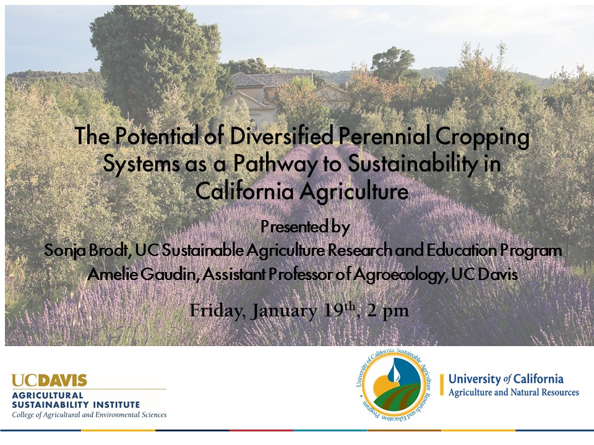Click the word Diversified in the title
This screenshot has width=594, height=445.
(282, 135)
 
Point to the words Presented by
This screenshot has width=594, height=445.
(304, 227)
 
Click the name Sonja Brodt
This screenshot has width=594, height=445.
(86, 250)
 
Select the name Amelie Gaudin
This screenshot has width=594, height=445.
(140, 274)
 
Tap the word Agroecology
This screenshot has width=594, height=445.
(398, 274)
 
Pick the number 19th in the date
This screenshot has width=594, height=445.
(340, 310)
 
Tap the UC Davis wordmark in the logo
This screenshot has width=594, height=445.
(49, 380)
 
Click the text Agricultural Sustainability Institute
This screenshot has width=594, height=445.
(75, 400)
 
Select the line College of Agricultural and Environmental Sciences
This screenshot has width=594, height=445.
(89, 415)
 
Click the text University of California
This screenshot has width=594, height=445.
(506, 379)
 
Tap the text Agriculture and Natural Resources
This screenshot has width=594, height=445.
(514, 392)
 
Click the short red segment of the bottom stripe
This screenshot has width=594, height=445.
(261, 430)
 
